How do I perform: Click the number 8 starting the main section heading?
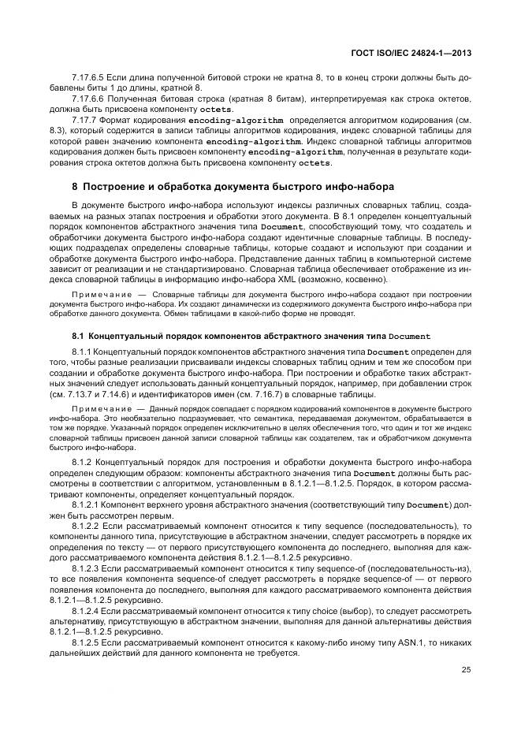(x=74, y=187)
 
